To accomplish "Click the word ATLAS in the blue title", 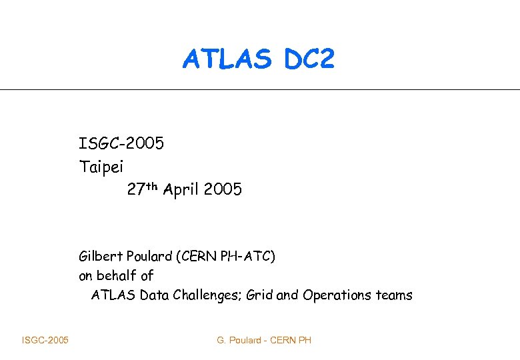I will pos(227,60).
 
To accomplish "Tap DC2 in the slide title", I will pos(308,60).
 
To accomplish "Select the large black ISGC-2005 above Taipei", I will pos(121,144).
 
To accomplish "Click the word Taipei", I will pos(101,167).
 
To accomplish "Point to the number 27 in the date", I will pos(135,190).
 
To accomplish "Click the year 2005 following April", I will pos(223,190).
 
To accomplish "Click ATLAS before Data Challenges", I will pos(113,295).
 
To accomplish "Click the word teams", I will pos(394,295).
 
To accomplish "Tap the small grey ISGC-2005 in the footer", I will pos(45,341).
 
